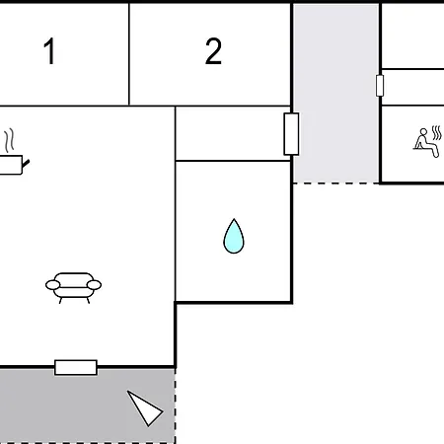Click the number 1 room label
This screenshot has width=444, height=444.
[x=49, y=51]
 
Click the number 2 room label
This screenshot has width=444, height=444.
[x=213, y=51]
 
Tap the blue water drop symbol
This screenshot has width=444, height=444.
[x=234, y=236]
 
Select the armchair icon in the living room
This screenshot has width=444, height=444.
[x=73, y=288]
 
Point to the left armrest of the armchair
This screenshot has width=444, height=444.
[x=52, y=285]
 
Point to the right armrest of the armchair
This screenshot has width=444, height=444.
[x=94, y=285]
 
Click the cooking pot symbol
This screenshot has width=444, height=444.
[x=13, y=165]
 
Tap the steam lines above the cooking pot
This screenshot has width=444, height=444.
[x=10, y=140]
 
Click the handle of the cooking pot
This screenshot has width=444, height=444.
[x=26, y=163]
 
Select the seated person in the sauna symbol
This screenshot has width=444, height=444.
[x=426, y=143]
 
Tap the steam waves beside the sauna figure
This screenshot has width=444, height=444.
[x=437, y=132]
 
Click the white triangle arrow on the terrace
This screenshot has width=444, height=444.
[x=145, y=407]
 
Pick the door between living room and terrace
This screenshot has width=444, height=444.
[x=76, y=367]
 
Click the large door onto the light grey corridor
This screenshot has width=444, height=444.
[x=291, y=134]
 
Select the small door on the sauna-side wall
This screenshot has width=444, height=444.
[x=380, y=86]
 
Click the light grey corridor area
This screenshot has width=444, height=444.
[x=335, y=93]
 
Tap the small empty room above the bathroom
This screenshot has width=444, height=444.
[x=233, y=133]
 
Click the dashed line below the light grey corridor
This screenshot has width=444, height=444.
[x=335, y=183]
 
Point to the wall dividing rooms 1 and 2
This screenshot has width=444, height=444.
[x=129, y=54]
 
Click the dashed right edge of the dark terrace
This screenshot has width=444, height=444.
[x=175, y=406]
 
